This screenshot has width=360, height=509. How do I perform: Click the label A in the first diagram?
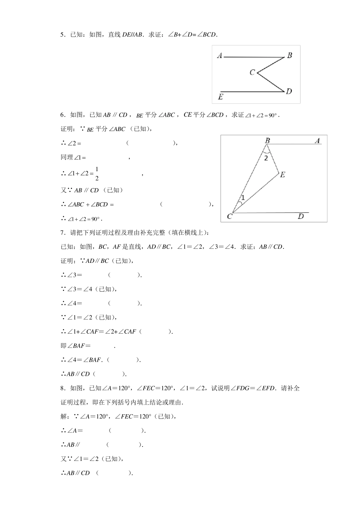click(x=219, y=56)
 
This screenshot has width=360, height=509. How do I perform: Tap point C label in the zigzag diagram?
click(x=252, y=72)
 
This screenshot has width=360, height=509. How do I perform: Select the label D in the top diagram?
click(x=289, y=91)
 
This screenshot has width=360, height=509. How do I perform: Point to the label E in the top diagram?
click(x=220, y=97)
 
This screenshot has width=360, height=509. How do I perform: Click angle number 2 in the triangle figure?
click(x=266, y=158)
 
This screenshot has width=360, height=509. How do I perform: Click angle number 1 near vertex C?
click(x=243, y=198)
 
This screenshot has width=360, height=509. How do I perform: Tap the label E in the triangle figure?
click(x=282, y=175)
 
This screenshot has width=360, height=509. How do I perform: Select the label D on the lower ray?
click(x=301, y=217)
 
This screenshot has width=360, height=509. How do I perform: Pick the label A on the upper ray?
click(x=318, y=141)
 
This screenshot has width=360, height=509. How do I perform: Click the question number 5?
click(x=63, y=35)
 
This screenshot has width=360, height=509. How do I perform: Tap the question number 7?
click(x=63, y=233)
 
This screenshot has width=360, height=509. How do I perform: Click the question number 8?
click(x=63, y=388)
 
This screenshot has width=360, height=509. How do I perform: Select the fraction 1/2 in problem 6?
click(x=97, y=173)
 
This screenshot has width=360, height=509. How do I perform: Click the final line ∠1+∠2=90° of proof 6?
click(x=81, y=219)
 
